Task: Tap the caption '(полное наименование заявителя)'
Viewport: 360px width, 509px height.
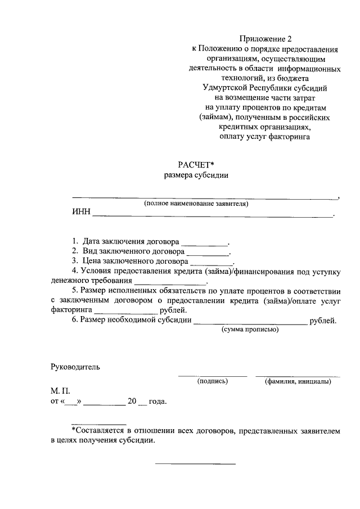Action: point(196,204)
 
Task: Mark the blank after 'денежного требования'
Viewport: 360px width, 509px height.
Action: point(170,281)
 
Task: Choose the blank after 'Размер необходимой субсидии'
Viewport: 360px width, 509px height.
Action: point(250,323)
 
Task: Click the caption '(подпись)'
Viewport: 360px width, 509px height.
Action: point(212,381)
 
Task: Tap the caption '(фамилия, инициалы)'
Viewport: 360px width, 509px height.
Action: point(298,381)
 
